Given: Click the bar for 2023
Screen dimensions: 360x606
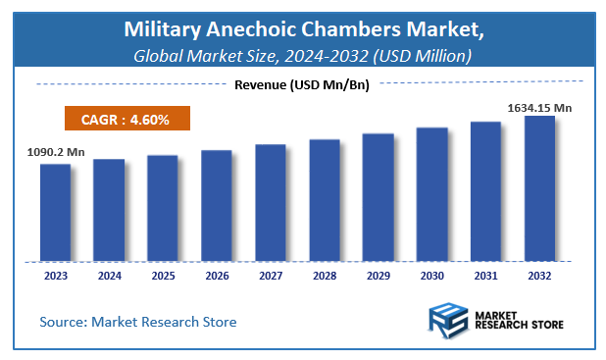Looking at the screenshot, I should [55, 213].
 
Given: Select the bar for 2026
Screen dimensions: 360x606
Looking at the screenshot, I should [217, 206].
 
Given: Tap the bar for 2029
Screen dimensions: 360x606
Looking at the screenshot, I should [378, 198].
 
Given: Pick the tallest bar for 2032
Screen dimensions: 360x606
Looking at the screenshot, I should [539, 189].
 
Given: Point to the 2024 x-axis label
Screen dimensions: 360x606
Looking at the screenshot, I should [109, 277].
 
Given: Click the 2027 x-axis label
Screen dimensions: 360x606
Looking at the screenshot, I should [271, 277].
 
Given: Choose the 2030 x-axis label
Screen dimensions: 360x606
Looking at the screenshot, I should [431, 277].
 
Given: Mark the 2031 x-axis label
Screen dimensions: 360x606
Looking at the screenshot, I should [485, 277].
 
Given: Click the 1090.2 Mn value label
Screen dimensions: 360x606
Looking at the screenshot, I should [54, 152].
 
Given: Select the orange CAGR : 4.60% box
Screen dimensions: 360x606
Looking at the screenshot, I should [126, 120].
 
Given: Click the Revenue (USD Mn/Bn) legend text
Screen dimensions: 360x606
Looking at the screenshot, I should [302, 85].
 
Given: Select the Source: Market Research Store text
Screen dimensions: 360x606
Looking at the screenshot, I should [137, 322].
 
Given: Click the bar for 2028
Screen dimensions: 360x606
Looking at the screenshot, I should [325, 201].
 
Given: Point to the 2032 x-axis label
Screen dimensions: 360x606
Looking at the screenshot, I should [539, 277].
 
